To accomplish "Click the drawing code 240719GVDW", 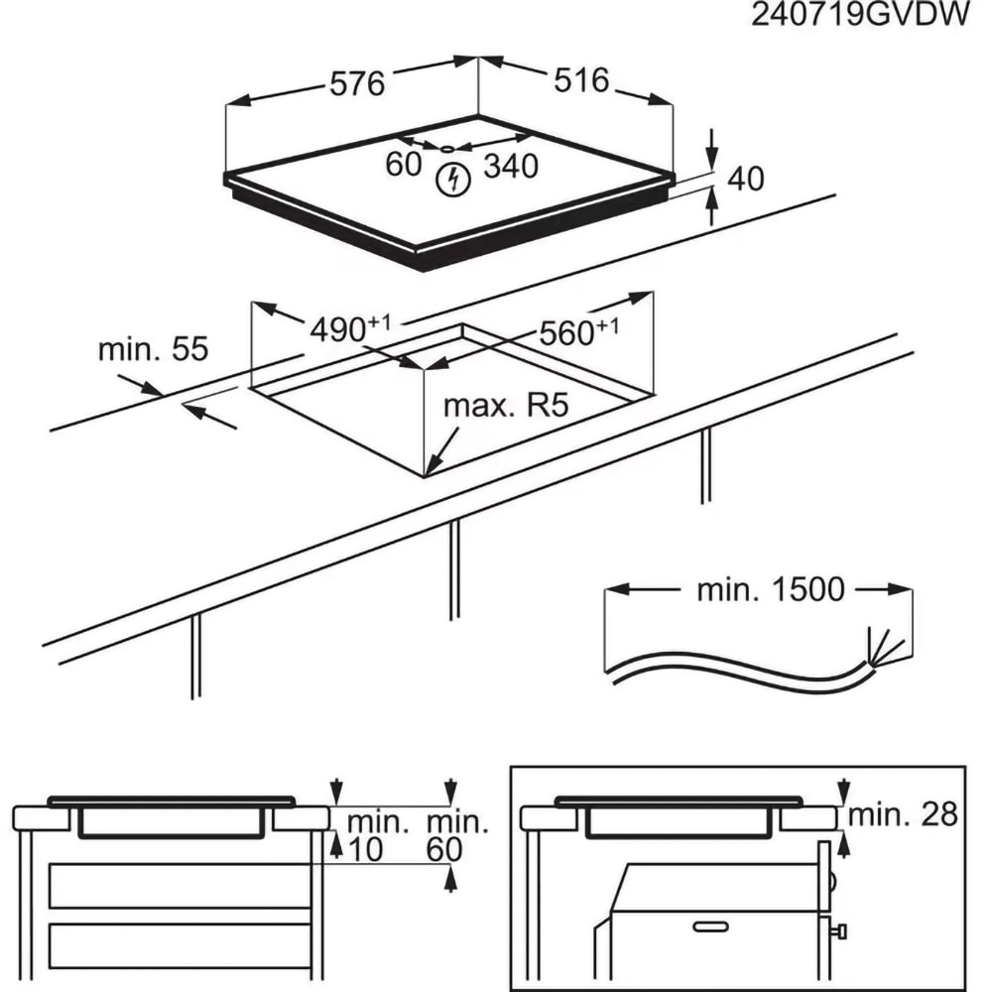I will [x=858, y=17].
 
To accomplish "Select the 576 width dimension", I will [x=356, y=84].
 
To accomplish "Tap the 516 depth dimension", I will [x=581, y=79].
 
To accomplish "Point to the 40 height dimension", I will [x=746, y=179].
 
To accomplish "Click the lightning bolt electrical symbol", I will [x=453, y=180].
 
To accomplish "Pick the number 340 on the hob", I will [x=510, y=167].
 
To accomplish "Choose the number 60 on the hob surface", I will [x=404, y=165].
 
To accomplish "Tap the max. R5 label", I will [x=508, y=407].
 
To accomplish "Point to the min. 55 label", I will [x=154, y=349].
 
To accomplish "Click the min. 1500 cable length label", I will [x=771, y=590].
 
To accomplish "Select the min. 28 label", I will [x=904, y=815].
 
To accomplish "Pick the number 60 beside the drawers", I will [x=445, y=849].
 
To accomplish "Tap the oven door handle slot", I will [x=710, y=926].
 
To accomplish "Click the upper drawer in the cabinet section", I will [x=179, y=885].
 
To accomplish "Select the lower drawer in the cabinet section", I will [x=179, y=945].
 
